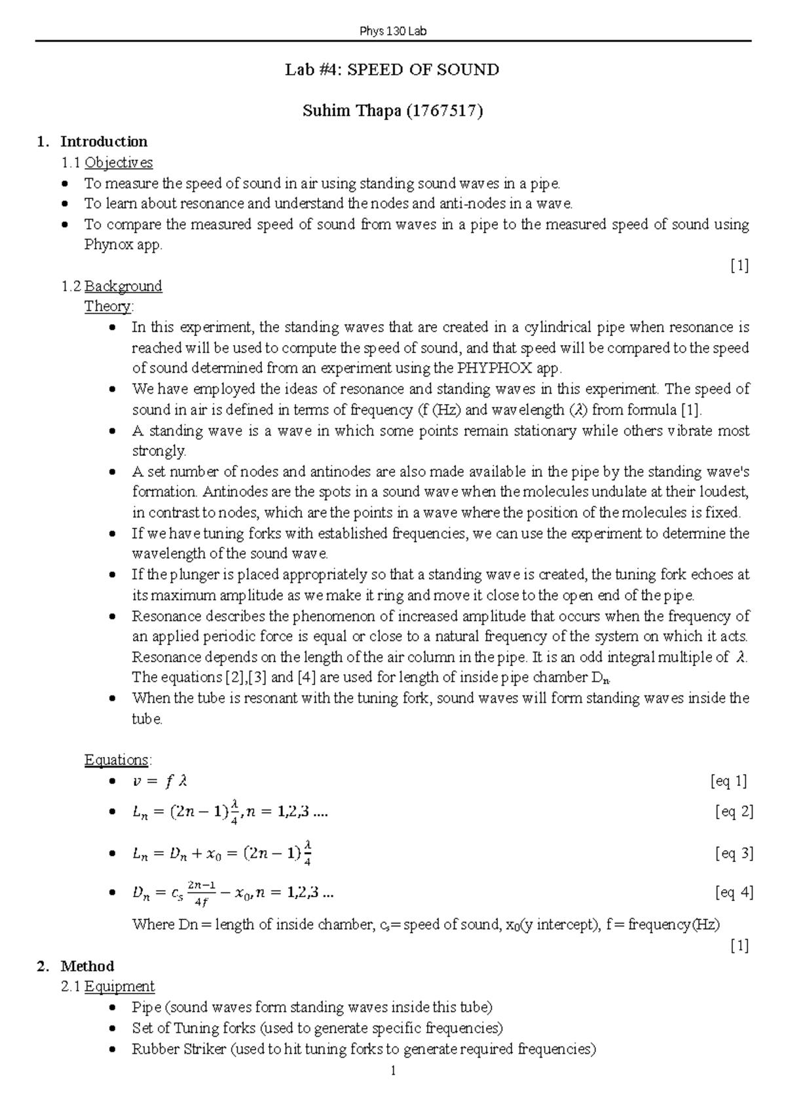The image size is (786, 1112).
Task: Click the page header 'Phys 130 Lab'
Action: click(x=393, y=31)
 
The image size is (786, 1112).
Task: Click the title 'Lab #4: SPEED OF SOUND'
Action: click(x=392, y=70)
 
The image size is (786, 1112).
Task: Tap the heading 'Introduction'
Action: click(x=103, y=141)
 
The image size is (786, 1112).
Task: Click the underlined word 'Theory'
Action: click(x=108, y=306)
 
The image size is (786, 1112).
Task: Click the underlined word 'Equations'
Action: click(x=117, y=760)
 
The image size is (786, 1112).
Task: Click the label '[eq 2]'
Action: click(x=733, y=812)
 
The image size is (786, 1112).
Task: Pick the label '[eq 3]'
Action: click(x=733, y=853)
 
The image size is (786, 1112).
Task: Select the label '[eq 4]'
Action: click(x=733, y=892)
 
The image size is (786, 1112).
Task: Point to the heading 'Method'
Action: click(x=87, y=966)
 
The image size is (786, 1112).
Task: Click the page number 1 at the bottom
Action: click(x=392, y=1071)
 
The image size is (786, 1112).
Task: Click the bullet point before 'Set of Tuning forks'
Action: click(x=113, y=1028)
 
